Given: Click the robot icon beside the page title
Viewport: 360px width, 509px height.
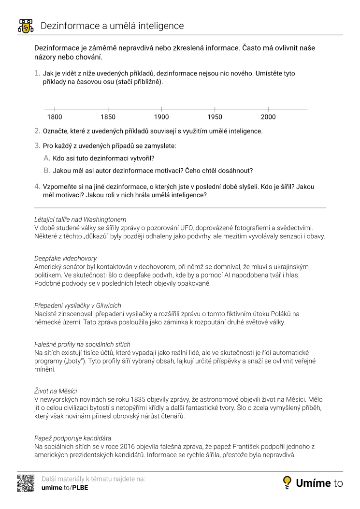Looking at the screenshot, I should [x=25, y=26].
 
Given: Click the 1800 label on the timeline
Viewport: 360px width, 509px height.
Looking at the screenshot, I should [x=55, y=117].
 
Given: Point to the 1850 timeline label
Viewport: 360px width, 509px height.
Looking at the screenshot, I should [x=108, y=117].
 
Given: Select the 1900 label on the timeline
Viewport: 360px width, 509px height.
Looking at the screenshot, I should [x=161, y=117].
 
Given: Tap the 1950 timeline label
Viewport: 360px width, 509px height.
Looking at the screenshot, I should [x=215, y=117].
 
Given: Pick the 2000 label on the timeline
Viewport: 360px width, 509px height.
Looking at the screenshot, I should [x=268, y=117].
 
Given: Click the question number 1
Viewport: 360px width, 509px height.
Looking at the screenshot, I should [x=37, y=73].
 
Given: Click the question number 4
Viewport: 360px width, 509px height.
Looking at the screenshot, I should [x=37, y=187].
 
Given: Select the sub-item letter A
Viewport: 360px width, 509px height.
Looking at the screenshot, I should [x=47, y=158].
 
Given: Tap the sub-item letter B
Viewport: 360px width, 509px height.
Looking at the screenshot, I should [x=47, y=171].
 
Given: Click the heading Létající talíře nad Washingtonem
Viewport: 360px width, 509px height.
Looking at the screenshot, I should [x=80, y=219].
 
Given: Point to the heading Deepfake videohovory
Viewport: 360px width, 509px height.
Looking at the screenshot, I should [x=65, y=259].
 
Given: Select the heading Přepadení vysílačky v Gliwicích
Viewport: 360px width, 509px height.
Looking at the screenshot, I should [x=78, y=305].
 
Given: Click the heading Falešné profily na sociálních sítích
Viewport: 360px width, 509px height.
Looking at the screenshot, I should [x=82, y=345].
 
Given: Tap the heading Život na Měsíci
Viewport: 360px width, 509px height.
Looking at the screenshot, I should [x=56, y=391].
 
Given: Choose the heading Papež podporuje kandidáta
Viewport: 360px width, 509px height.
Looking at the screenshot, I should [x=73, y=437].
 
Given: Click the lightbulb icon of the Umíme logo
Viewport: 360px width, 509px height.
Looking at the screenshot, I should [x=287, y=482].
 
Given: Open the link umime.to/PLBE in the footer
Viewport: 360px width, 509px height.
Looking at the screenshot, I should [x=65, y=488].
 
